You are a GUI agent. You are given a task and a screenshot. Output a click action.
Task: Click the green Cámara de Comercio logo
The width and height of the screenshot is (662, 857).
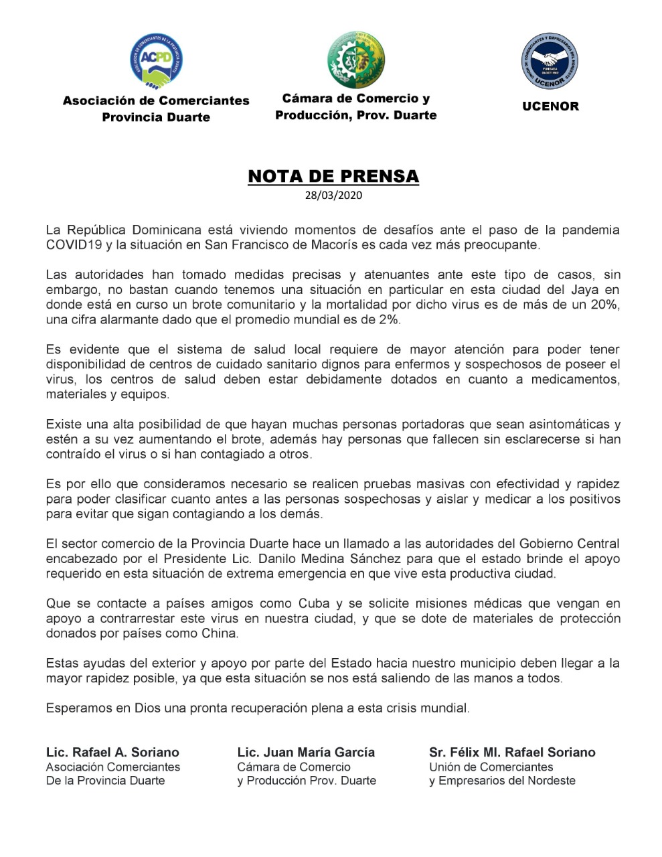[x=355, y=59]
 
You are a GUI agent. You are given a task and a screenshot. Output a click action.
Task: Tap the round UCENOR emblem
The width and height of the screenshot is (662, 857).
[x=550, y=62]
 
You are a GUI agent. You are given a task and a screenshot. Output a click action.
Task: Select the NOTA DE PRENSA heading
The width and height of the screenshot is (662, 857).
[x=333, y=176]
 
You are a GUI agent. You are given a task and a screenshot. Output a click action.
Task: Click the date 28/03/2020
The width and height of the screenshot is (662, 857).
[x=333, y=196]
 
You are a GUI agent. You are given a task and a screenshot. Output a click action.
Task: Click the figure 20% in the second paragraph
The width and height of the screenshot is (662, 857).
[x=604, y=305]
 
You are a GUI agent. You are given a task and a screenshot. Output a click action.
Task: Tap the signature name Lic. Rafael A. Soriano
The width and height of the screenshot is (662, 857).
[x=112, y=752]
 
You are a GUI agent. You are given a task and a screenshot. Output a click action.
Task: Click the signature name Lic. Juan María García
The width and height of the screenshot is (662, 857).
[x=306, y=752]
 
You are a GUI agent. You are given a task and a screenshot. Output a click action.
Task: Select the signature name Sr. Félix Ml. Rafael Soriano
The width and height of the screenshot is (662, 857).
[x=512, y=752]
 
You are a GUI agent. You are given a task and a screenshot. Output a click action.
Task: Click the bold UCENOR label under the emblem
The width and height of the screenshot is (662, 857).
[x=550, y=106]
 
